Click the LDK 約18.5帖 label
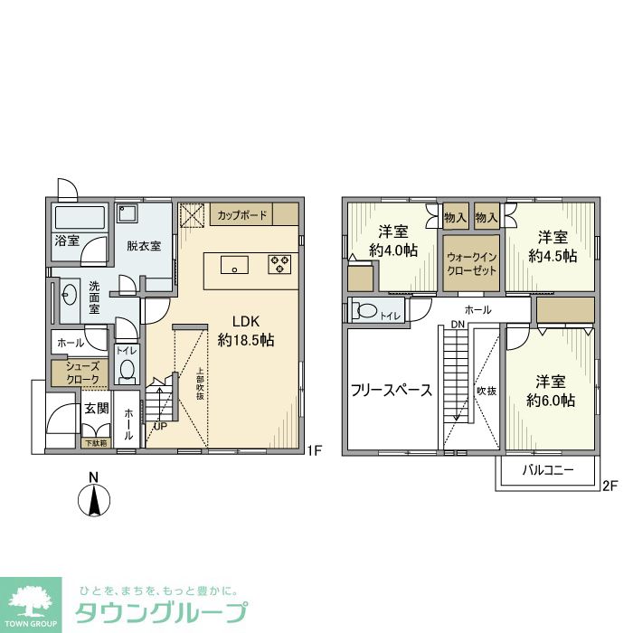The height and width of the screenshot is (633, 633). point(246,332)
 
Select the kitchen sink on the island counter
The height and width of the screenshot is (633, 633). point(234,266)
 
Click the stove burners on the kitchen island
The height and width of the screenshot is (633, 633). point(279,265)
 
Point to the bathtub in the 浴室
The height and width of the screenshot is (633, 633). point(79,218)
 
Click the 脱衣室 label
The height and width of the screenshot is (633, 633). point(144,246)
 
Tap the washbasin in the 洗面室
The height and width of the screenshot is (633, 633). point(68,294)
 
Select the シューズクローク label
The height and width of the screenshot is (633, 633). point(80,373)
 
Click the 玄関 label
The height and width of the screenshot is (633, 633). point(97,410)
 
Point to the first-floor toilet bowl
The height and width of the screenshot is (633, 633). point(126,371)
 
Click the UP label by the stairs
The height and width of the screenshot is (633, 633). point(160,426)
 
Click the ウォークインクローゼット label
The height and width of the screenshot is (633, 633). point(470,263)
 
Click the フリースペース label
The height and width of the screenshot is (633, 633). point(391,392)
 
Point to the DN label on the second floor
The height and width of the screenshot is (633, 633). point(458,325)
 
